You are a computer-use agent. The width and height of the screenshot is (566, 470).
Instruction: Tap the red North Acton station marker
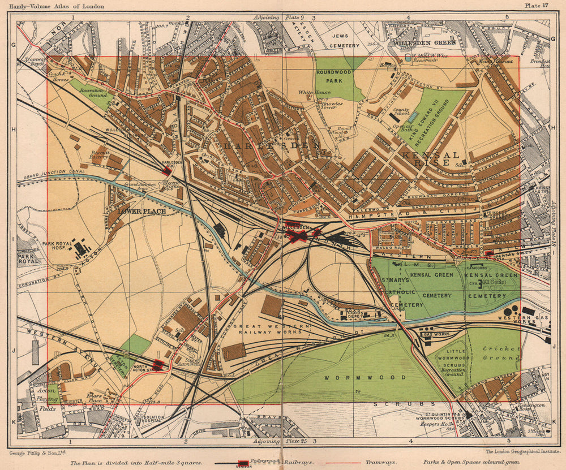(x=158, y=365)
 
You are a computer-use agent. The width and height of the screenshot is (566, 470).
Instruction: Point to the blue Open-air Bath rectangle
(x=413, y=117)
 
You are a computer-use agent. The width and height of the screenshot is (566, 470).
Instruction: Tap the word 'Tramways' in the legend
(x=381, y=462)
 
